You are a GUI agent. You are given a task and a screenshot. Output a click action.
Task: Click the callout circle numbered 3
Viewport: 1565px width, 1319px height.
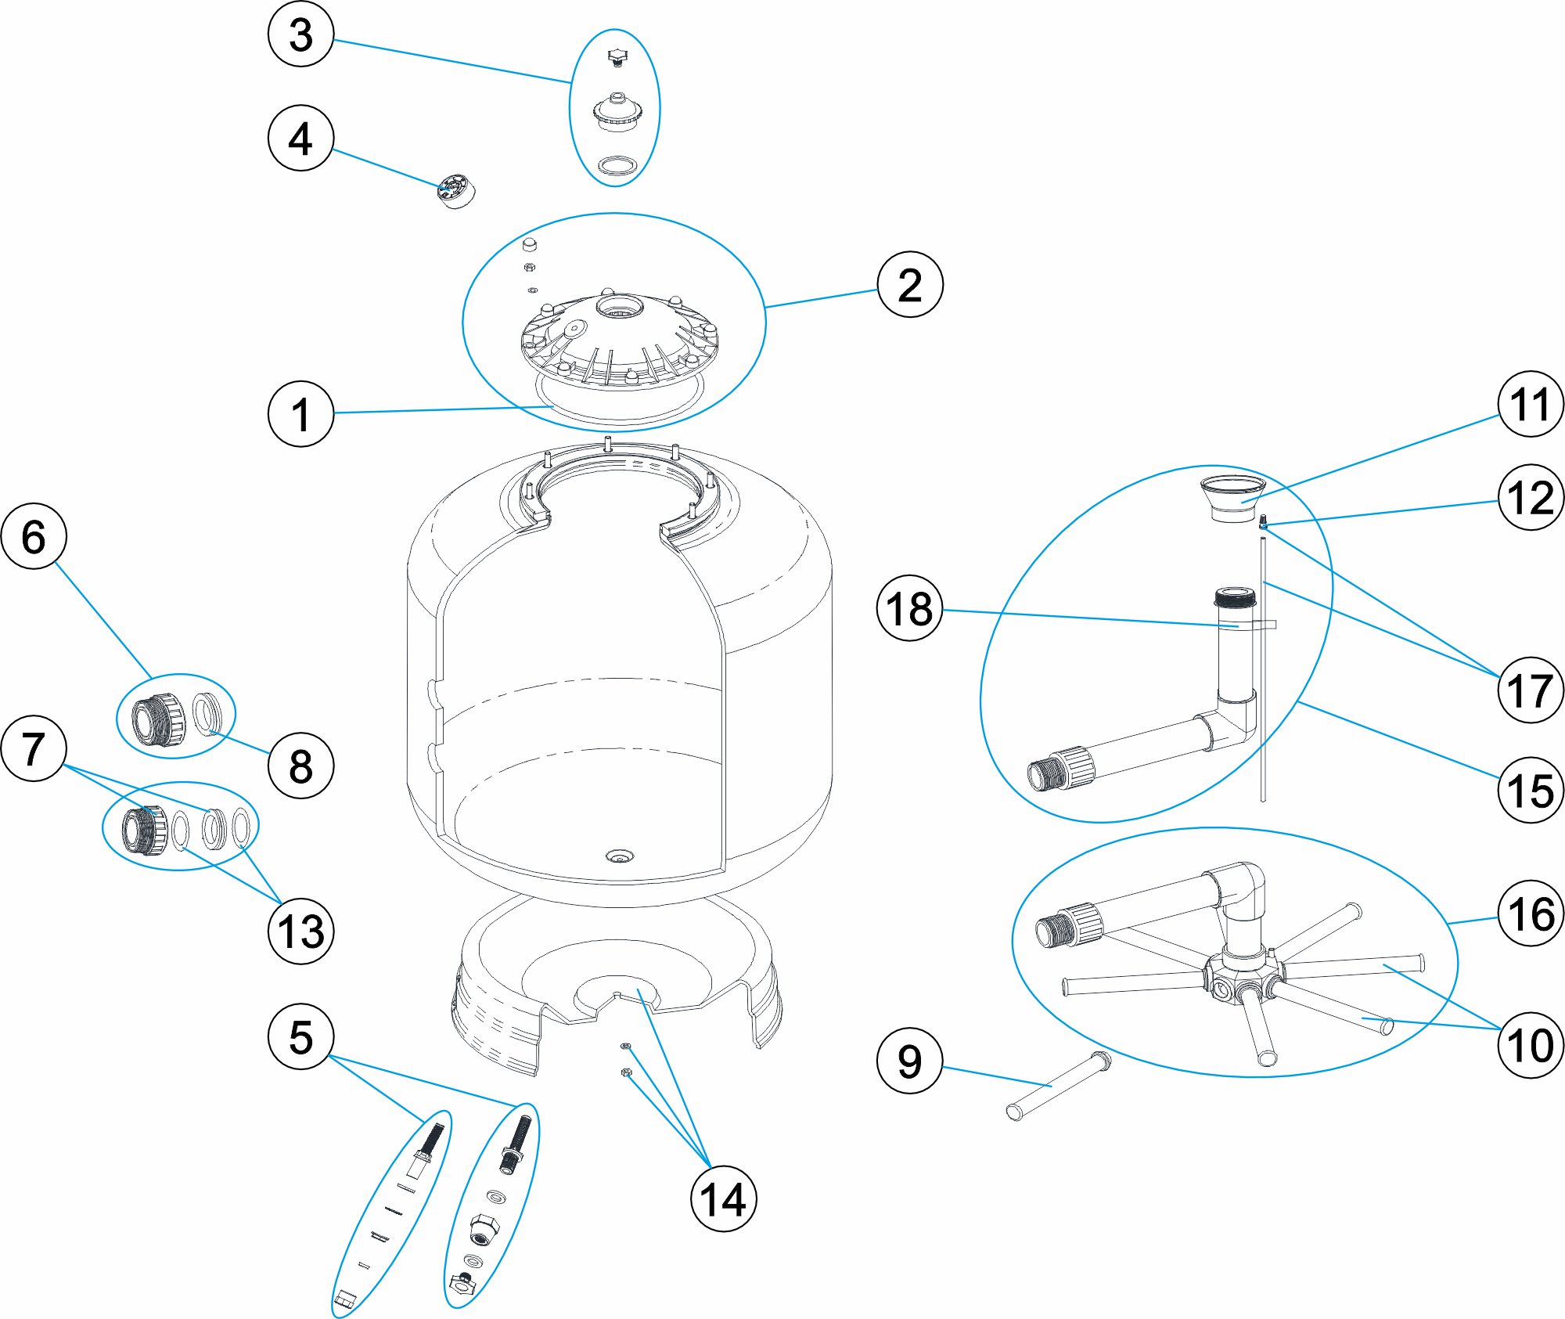[x=300, y=34]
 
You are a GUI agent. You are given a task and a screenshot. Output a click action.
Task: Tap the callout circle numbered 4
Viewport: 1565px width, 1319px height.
[x=300, y=139]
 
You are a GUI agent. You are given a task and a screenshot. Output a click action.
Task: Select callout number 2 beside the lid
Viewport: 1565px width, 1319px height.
[x=909, y=284]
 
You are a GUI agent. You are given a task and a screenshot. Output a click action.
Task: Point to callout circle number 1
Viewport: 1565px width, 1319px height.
[x=300, y=413]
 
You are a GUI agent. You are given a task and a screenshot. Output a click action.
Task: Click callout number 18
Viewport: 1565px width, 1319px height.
[x=909, y=608]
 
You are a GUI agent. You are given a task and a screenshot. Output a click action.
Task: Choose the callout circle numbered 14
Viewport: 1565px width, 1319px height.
[x=723, y=1198]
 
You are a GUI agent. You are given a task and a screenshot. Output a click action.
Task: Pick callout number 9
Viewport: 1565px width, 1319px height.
[x=909, y=1061]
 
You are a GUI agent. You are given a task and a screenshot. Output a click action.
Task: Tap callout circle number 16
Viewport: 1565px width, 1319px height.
[x=1530, y=914]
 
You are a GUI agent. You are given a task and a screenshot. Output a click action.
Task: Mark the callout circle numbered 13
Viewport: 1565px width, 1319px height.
[x=300, y=931]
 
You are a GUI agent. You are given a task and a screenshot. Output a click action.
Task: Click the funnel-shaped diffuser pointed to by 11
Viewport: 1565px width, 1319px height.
[x=1233, y=496]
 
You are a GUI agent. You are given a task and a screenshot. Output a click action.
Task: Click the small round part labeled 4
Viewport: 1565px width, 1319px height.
[x=457, y=192]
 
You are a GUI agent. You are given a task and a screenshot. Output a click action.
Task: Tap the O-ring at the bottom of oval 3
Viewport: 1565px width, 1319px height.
[x=615, y=165]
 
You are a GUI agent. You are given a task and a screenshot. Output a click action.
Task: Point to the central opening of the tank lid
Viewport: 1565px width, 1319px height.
[x=618, y=306]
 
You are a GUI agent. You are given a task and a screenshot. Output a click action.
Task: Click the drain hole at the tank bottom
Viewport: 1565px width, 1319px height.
[x=620, y=857]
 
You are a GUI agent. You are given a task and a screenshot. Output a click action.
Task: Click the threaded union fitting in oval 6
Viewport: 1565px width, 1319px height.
[x=159, y=719]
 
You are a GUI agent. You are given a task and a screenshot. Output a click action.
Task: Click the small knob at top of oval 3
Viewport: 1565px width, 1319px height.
[x=617, y=57]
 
